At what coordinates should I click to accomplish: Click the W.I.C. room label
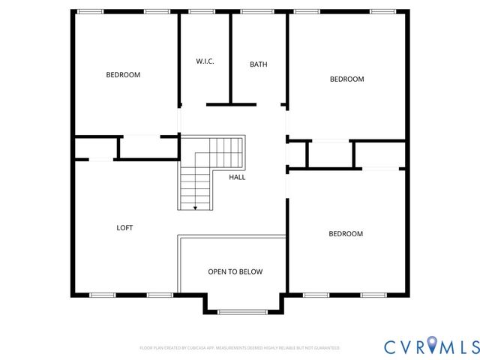pyautogui.click(x=205, y=61)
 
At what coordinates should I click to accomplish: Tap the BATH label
pyautogui.click(x=258, y=64)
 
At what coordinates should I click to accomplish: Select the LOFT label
pyautogui.click(x=124, y=227)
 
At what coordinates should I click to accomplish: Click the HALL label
pyautogui.click(x=237, y=178)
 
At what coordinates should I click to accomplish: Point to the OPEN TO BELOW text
pyautogui.click(x=235, y=271)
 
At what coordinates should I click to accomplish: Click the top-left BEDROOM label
pyautogui.click(x=123, y=74)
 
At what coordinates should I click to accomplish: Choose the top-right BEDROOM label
pyautogui.click(x=346, y=79)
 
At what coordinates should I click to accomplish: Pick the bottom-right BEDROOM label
pyautogui.click(x=345, y=233)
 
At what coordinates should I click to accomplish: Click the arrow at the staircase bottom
pyautogui.click(x=195, y=206)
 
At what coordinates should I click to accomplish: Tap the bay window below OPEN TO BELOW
pyautogui.click(x=242, y=311)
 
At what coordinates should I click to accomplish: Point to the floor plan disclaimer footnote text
pyautogui.click(x=240, y=348)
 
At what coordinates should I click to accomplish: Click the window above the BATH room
pyautogui.click(x=257, y=11)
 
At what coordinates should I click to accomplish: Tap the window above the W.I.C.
pyautogui.click(x=201, y=11)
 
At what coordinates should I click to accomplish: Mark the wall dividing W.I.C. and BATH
pyautogui.click(x=231, y=58)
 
